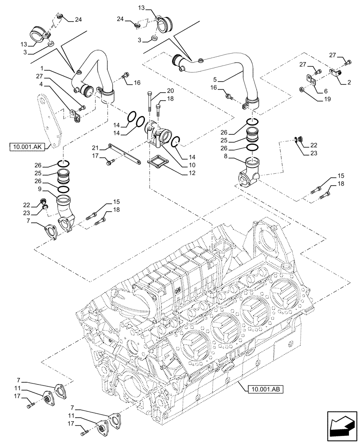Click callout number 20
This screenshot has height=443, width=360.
coord(170,91)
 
